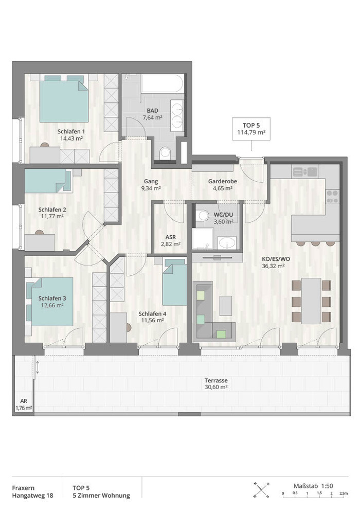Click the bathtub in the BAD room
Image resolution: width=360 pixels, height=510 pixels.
pos(163,84)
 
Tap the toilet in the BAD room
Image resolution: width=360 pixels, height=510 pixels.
pos(166,153)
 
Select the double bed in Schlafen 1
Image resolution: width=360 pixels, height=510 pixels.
pos(64,99)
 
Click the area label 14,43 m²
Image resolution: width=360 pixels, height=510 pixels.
pos(71,138)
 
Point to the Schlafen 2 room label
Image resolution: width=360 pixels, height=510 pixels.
pos(52,209)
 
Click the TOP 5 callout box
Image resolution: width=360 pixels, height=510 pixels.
pos(251,129)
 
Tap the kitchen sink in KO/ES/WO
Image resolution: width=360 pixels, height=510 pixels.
pos(304,171)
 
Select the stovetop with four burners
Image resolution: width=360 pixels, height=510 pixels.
pos(332,196)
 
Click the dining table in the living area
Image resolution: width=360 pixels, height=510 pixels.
pos(311,301)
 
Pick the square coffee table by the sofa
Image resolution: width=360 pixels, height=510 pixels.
pos(225,305)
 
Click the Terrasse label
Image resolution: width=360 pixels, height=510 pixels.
pos(216,380)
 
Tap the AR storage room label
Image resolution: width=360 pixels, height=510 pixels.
pos(23,401)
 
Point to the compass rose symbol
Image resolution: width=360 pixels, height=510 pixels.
pos(261,490)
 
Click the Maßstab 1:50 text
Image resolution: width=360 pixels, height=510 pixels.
pos(313,486)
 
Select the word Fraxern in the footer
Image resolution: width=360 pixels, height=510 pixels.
pos(23,488)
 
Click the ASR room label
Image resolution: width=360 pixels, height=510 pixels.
pos(171,237)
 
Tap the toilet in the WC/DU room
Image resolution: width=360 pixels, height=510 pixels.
pos(203,215)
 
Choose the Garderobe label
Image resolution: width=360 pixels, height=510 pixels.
pos(223,181)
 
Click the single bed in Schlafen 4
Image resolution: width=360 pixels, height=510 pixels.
pos(174,282)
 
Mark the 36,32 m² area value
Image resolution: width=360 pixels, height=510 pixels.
pos(273,266)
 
